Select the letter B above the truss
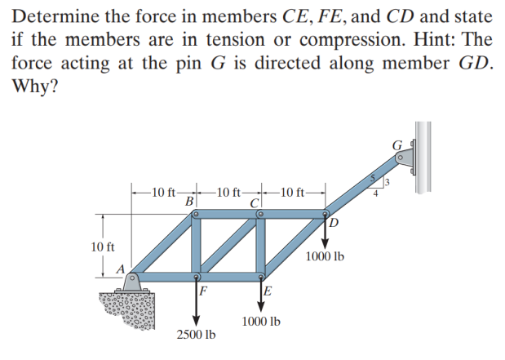(189, 201)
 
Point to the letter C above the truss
(255, 201)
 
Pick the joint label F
(203, 291)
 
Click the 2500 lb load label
(196, 335)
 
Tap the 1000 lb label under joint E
(261, 322)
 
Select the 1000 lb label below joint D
(325, 256)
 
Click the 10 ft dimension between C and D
(293, 193)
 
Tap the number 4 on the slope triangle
(376, 194)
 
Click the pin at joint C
(260, 214)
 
